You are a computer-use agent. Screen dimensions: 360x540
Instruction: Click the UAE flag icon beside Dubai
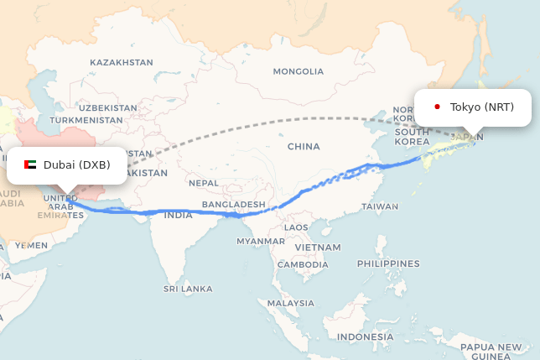(x=30, y=165)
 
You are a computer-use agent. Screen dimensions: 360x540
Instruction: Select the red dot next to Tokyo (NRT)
(x=437, y=107)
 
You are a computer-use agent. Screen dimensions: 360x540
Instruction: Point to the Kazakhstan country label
(x=122, y=62)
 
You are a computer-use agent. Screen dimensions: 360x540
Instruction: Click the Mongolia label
(x=298, y=71)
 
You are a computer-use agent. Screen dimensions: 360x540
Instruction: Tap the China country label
(x=304, y=146)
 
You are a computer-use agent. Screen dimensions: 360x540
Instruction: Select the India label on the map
(x=178, y=215)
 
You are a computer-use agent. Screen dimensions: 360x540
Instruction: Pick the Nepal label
(x=204, y=182)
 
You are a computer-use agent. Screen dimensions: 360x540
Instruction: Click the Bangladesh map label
(x=234, y=204)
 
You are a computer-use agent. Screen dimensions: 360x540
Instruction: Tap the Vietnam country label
(x=318, y=248)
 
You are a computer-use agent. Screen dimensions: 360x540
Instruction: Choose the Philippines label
(x=387, y=263)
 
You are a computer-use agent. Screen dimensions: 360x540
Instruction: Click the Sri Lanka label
(x=188, y=289)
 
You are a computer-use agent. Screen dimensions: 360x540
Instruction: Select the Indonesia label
(x=365, y=337)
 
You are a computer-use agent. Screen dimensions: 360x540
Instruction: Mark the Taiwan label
(x=381, y=206)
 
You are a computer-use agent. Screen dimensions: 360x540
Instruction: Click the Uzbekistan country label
(x=107, y=107)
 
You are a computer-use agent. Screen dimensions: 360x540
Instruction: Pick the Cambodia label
(x=303, y=264)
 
